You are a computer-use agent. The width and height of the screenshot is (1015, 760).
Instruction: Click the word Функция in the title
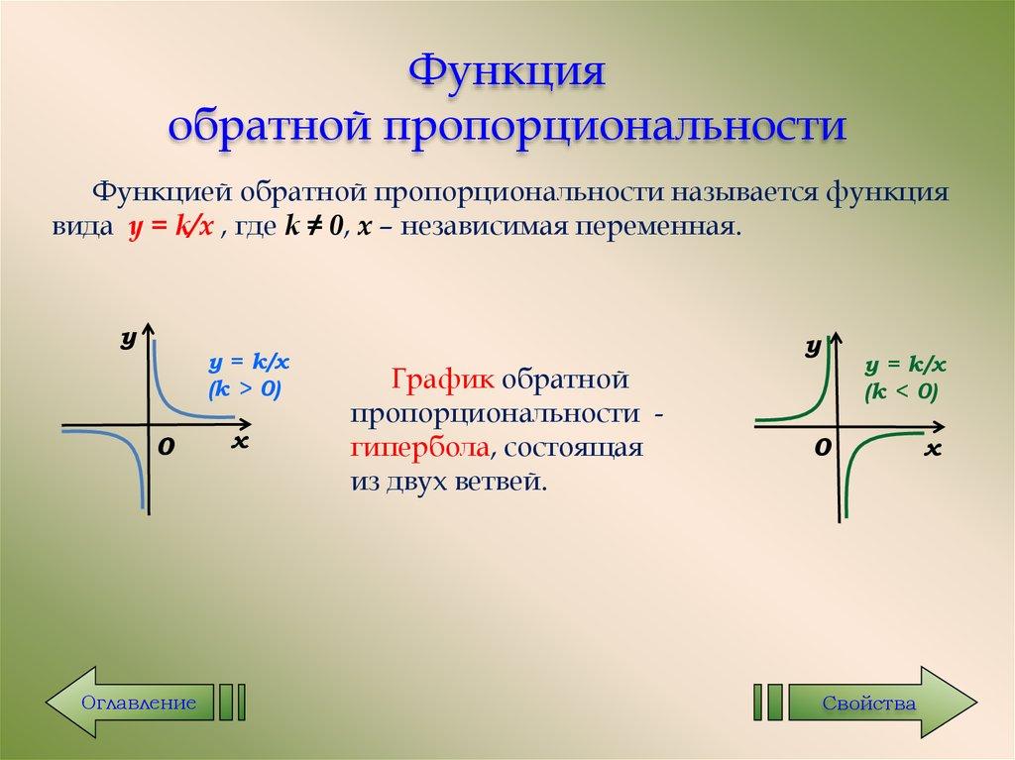click(x=507, y=75)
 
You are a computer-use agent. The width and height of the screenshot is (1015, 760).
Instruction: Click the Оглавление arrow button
click(x=139, y=703)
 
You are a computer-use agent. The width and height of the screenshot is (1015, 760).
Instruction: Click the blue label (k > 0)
click(x=245, y=388)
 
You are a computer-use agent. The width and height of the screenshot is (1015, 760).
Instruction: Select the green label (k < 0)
click(x=900, y=391)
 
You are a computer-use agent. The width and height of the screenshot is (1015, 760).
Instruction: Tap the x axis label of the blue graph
click(x=239, y=442)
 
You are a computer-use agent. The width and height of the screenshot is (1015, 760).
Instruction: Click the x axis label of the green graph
click(x=931, y=450)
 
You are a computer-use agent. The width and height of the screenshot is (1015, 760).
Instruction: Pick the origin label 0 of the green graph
click(x=822, y=450)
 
